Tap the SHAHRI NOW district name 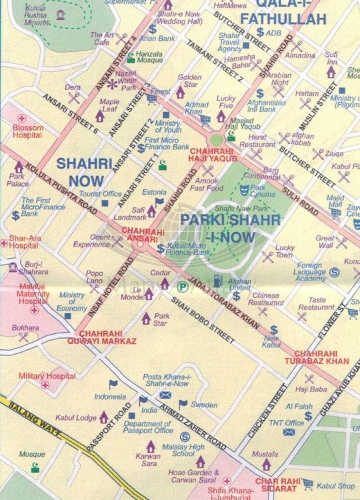[80, 171]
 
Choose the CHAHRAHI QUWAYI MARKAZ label [107, 337]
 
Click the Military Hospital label [43, 376]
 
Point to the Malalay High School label [179, 450]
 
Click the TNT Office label [286, 423]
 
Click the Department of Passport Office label [148, 427]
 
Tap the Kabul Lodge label [77, 417]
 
